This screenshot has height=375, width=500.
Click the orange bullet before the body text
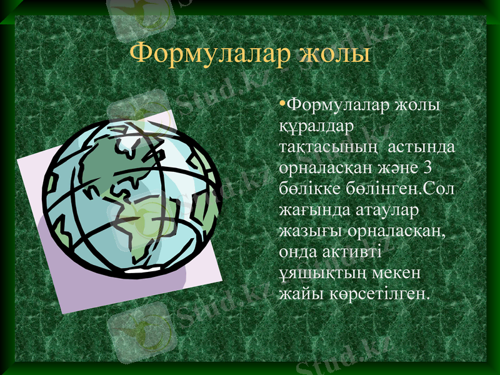(282, 101)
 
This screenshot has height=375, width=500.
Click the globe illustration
(131, 194)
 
